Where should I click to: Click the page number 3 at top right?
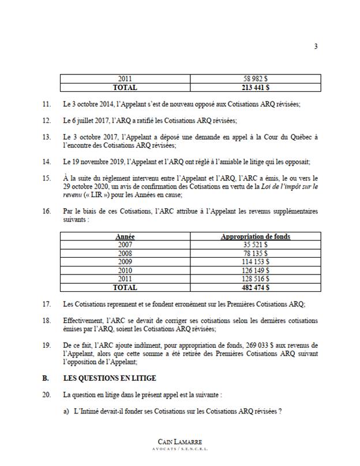tap(316, 47)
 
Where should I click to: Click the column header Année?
tap(125, 236)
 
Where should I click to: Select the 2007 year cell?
tap(125, 245)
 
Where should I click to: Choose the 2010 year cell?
tap(125, 269)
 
